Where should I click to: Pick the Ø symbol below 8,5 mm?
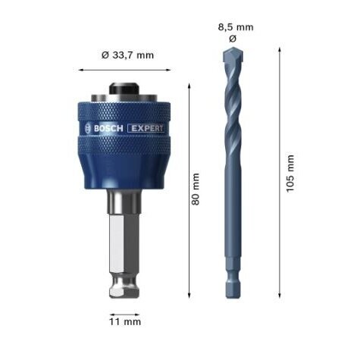click(x=232, y=38)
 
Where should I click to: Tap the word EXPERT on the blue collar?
click(x=146, y=128)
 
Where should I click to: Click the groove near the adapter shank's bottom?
click(x=125, y=286)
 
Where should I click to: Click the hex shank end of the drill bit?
click(x=232, y=280)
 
